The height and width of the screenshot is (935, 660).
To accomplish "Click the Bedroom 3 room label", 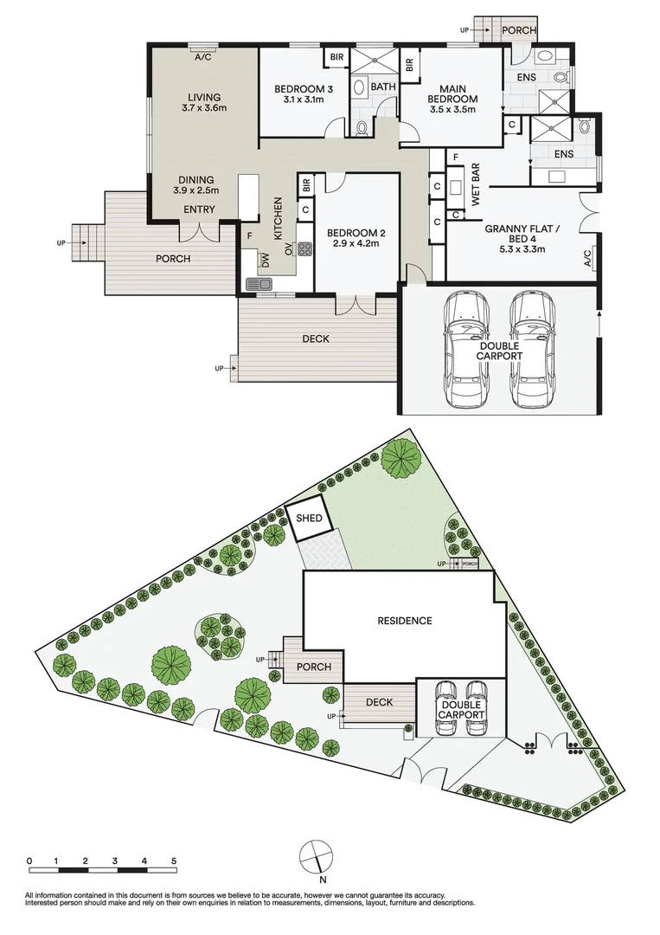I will click(x=298, y=89).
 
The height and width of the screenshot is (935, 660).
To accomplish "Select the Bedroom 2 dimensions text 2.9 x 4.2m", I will click(x=356, y=243).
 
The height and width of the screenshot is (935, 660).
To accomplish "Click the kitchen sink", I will click(x=259, y=283).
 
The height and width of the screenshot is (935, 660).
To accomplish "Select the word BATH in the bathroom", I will click(x=383, y=87).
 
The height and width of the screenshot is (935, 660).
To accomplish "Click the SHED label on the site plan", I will click(x=309, y=519).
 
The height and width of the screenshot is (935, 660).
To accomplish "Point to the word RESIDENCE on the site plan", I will click(x=404, y=621).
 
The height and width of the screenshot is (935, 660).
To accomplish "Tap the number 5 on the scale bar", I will click(x=175, y=861).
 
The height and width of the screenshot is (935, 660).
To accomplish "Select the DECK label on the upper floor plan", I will click(x=316, y=339).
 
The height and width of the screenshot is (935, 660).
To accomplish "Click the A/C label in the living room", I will click(x=203, y=57).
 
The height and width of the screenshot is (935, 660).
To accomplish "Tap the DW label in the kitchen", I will click(x=266, y=259).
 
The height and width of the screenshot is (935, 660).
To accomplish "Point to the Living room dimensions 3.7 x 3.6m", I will click(x=203, y=108).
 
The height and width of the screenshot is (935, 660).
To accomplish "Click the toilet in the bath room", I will click(x=362, y=127).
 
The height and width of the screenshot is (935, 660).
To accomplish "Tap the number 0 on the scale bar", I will click(x=29, y=861).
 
